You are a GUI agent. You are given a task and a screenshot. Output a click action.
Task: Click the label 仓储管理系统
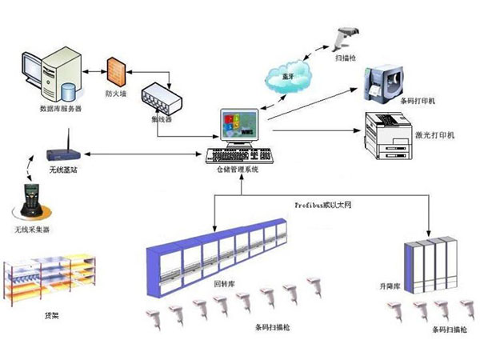tap(238, 170)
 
